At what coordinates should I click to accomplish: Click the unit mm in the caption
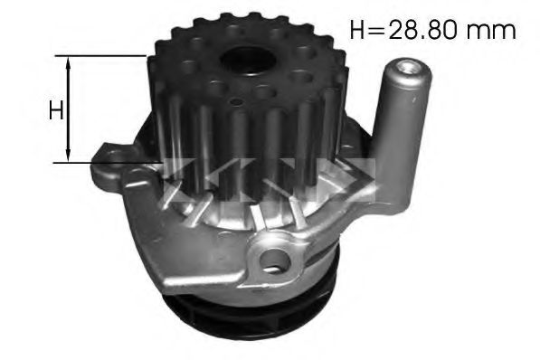(493, 30)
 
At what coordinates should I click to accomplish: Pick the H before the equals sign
(356, 29)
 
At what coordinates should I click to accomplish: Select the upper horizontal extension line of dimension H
(99, 55)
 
